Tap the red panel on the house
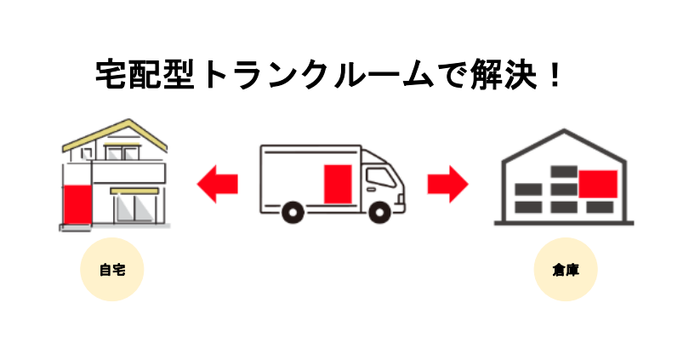tap(77, 203)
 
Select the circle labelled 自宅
tap(111, 271)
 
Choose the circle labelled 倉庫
tap(567, 271)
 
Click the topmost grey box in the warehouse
tap(564, 171)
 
